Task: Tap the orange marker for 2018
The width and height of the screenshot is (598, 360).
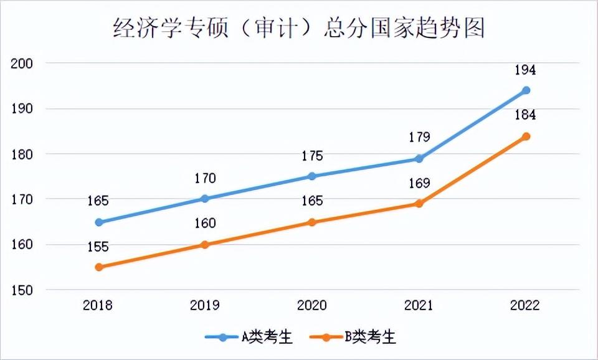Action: (x=98, y=267)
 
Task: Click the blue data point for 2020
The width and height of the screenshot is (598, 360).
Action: (x=312, y=176)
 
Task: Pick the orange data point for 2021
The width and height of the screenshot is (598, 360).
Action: (x=419, y=204)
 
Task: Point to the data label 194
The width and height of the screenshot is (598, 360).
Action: (x=525, y=70)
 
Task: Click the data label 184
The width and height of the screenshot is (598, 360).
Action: (x=525, y=115)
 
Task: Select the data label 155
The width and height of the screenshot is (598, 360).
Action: (x=98, y=247)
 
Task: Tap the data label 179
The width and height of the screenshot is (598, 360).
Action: (x=419, y=138)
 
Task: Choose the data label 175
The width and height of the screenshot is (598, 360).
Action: (x=312, y=156)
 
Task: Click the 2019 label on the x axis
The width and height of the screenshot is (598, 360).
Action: (x=205, y=306)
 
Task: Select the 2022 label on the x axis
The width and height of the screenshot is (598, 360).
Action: (x=525, y=306)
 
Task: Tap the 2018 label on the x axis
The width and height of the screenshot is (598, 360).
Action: (x=98, y=306)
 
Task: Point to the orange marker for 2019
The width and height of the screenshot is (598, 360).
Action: (x=205, y=245)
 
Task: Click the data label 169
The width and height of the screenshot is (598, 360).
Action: (x=419, y=184)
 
